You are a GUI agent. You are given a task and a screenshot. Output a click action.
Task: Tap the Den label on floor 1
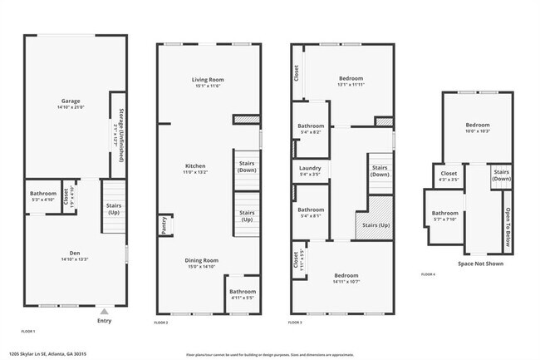pos(75,257)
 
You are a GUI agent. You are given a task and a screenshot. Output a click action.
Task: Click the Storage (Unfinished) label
pos(120,134)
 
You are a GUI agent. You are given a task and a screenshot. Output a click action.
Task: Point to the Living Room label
pos(209,82)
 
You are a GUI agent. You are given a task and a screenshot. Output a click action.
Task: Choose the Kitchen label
pos(195,169)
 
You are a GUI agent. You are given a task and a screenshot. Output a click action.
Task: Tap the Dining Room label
pos(201,264)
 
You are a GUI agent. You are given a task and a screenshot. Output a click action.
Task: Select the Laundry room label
pos(310,171)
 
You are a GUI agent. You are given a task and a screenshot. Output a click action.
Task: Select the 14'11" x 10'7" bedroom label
pos(346,278)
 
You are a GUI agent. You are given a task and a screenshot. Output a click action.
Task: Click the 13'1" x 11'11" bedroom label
pos(351,81)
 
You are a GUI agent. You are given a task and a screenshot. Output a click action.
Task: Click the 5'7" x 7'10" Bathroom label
pos(444,216)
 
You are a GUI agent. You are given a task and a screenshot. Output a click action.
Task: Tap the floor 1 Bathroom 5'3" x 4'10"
pos(42,197)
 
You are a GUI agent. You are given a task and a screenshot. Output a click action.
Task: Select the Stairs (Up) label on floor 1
pos(113,208)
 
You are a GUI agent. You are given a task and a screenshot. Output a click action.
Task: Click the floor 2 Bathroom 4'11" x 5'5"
pos(243,294)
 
